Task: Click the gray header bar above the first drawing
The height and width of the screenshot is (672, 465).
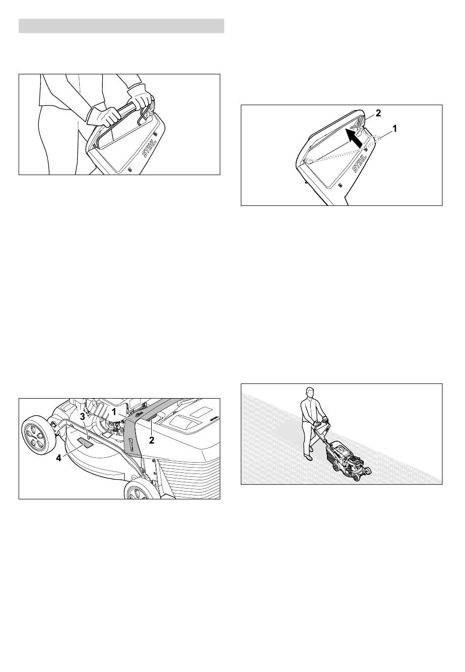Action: point(121,26)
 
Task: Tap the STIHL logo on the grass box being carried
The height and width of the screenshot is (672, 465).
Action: point(149,149)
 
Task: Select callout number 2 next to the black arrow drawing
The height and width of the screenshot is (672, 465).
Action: point(378,113)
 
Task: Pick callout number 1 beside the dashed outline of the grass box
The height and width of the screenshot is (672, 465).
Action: point(395,129)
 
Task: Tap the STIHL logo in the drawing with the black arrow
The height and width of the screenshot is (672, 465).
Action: point(360,163)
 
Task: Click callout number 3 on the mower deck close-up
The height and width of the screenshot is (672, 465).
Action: point(82,417)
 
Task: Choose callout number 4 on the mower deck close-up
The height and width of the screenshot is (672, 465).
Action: point(59,458)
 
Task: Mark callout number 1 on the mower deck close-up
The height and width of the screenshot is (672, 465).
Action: point(114,412)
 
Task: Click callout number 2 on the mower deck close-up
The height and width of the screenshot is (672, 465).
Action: point(152,440)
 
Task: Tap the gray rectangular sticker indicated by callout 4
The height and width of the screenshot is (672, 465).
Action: point(85,443)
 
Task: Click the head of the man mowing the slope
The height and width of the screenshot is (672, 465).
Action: point(309,393)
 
